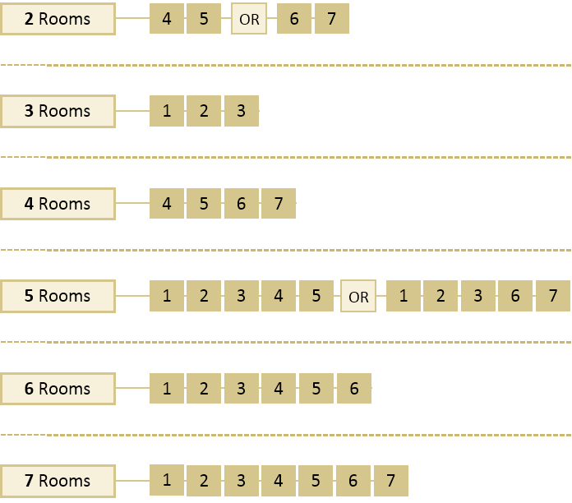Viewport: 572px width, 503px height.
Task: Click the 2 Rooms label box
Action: tap(58, 18)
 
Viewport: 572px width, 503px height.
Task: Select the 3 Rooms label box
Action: tap(58, 111)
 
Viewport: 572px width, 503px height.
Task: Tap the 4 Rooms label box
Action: tap(58, 203)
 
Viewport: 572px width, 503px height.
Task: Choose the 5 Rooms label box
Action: tap(58, 296)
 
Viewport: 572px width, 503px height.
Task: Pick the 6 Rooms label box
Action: tap(58, 388)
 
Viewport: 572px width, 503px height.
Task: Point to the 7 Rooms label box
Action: tap(58, 481)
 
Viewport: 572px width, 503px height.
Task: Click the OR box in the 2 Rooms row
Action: tap(248, 19)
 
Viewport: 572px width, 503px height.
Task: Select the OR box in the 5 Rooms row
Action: tap(358, 297)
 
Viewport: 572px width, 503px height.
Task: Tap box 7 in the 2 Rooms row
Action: tap(331, 18)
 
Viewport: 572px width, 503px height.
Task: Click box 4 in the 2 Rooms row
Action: tap(167, 18)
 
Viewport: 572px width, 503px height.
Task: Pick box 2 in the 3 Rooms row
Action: tap(204, 111)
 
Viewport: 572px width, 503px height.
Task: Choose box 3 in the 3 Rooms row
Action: tap(241, 111)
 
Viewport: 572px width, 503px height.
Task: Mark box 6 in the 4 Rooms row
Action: tap(241, 203)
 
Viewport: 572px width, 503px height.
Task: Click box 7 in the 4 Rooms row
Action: tap(279, 203)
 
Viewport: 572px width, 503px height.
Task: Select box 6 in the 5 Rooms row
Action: tap(515, 296)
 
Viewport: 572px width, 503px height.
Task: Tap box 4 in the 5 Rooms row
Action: tap(279, 296)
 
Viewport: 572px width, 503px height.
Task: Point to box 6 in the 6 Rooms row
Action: tap(354, 388)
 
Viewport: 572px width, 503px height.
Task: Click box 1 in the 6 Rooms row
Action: tap(167, 388)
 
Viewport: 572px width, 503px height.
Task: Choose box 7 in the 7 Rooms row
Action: tap(390, 481)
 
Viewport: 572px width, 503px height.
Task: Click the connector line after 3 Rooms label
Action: tap(132, 111)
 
